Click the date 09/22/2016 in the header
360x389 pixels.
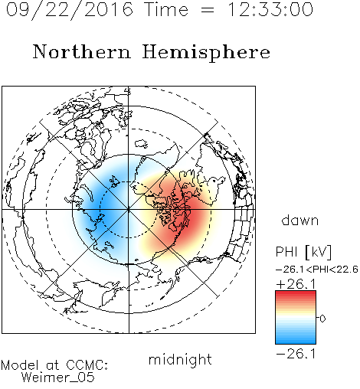70,10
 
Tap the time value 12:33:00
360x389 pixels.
270,9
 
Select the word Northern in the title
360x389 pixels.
82,51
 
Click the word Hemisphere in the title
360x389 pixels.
206,53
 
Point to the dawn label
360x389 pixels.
300,220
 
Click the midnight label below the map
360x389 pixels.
180,359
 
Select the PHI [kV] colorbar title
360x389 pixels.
303,252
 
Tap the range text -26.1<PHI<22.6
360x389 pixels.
317,270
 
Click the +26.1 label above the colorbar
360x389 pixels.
296,284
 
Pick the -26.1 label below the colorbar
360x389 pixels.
296,354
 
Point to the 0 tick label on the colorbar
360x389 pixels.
322,319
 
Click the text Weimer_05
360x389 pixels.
58,377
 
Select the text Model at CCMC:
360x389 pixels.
54,365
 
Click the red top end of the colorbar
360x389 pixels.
296,293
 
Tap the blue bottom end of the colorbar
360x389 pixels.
296,342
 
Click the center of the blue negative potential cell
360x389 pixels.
102,209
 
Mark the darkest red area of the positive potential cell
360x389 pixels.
191,217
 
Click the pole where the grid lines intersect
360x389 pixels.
129,209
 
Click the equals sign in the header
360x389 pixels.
207,10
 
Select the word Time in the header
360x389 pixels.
166,9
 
